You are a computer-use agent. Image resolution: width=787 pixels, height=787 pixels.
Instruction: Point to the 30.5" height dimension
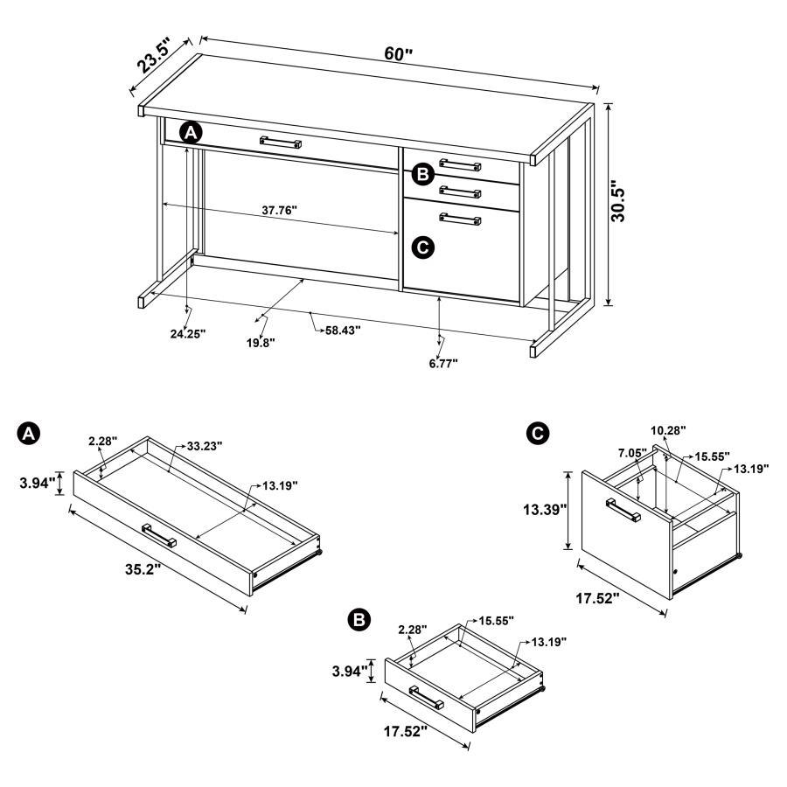tap(618, 204)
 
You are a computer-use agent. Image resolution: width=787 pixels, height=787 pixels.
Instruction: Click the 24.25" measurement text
tap(187, 333)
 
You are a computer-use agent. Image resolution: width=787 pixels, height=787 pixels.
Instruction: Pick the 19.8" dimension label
tap(260, 343)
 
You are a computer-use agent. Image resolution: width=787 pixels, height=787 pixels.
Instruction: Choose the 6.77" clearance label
tap(442, 361)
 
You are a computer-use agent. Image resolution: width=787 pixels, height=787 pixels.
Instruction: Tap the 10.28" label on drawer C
tap(669, 430)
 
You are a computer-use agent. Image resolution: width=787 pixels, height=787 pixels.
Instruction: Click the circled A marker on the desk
tap(191, 132)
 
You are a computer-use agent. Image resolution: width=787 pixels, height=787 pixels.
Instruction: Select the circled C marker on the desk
tap(421, 247)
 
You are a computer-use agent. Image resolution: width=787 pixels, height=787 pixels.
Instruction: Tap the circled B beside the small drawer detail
tap(358, 620)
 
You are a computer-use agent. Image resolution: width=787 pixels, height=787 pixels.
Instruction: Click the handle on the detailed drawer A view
tap(160, 534)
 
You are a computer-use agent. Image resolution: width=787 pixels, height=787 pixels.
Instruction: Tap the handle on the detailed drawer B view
tap(427, 697)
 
